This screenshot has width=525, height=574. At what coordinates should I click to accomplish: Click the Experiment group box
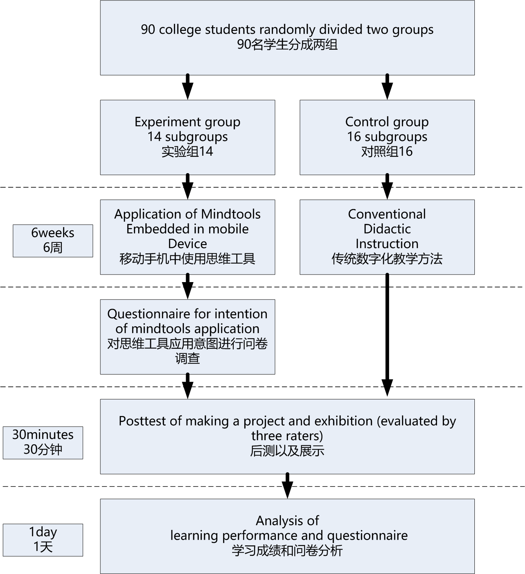(x=187, y=137)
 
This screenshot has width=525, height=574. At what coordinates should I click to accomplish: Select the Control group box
(x=387, y=137)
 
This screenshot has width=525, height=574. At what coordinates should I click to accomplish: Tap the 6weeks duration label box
(x=53, y=241)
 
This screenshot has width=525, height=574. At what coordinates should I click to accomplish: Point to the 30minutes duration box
(x=43, y=442)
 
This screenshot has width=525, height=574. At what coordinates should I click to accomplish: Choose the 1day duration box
(x=43, y=540)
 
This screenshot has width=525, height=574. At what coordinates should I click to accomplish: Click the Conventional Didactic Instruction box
(x=387, y=237)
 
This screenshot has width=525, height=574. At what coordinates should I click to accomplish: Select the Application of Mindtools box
(x=187, y=237)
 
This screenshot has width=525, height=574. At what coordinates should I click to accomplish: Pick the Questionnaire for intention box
(x=187, y=336)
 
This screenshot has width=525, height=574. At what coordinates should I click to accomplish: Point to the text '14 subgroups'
(x=188, y=137)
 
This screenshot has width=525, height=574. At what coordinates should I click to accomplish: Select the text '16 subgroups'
(x=387, y=137)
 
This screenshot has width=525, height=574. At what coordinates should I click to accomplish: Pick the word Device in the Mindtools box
(x=188, y=244)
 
